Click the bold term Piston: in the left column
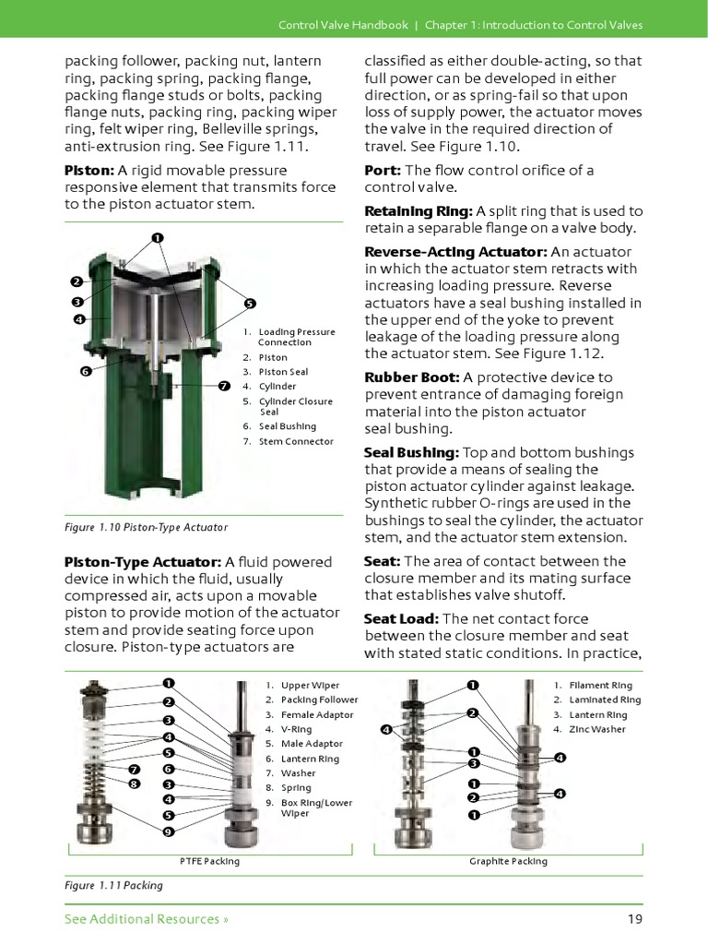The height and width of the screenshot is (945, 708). click(x=89, y=171)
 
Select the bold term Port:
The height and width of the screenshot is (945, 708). click(x=383, y=171)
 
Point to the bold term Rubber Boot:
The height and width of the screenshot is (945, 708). click(x=412, y=377)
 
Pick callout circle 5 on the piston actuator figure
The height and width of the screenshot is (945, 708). click(x=250, y=303)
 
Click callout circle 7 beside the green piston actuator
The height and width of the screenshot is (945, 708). click(x=224, y=385)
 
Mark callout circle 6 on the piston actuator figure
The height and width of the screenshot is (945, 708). click(x=84, y=371)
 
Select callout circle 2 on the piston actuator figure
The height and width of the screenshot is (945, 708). click(x=77, y=281)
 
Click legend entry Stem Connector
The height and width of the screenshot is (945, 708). click(x=295, y=441)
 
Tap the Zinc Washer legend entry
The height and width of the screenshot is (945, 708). click(x=596, y=729)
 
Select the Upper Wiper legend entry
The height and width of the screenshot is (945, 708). click(x=309, y=686)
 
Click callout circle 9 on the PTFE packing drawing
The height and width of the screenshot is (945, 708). click(x=169, y=831)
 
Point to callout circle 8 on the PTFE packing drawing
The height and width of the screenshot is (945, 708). click(x=134, y=784)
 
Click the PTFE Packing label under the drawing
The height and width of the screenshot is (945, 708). click(x=209, y=861)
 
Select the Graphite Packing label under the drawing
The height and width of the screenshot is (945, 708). click(x=508, y=861)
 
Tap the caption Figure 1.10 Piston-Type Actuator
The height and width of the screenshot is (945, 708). click(x=146, y=527)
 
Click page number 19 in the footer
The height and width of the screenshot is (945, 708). click(x=634, y=919)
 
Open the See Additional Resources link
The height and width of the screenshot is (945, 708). click(x=146, y=919)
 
